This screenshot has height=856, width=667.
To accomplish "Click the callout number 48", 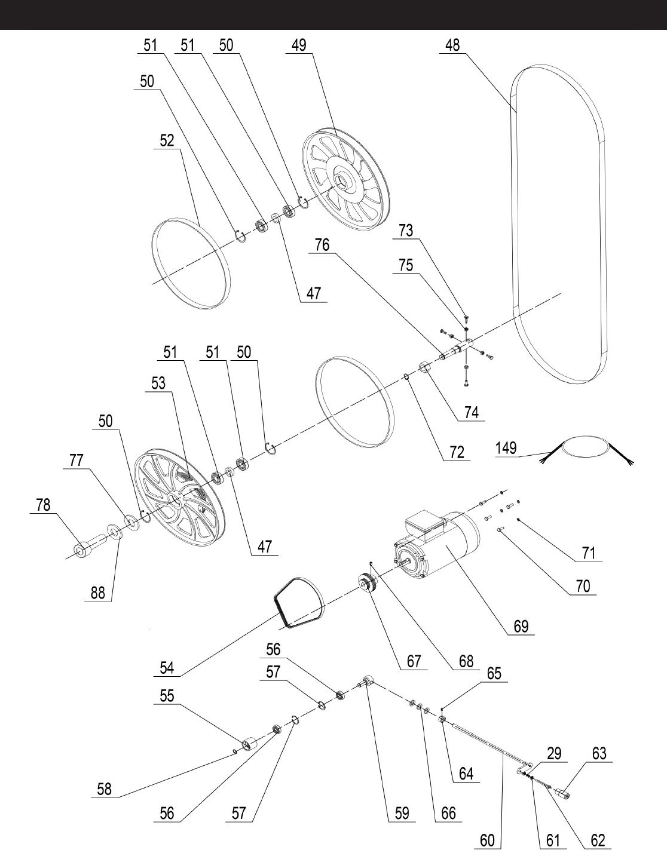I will tap(452, 45).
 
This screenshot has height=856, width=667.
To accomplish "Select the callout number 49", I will tap(299, 45).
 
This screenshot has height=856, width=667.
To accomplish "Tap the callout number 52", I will tap(167, 140).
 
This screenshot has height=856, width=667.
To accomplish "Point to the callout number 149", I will tap(506, 447).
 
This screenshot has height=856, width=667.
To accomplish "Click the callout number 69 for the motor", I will tap(521, 626).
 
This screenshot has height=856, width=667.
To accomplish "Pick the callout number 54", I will tap(167, 668).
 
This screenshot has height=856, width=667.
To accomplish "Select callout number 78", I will tap(42, 505).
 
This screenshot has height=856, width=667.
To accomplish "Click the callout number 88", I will tap(97, 593).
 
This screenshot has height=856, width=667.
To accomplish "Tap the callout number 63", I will tap(599, 753).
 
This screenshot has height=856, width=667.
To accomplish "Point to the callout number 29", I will tap(554, 753).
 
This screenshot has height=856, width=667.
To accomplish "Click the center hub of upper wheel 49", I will tap(344, 179).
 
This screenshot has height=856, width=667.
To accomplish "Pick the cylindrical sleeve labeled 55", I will tap(249, 744).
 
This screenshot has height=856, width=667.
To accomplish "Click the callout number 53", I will tap(158, 383).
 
